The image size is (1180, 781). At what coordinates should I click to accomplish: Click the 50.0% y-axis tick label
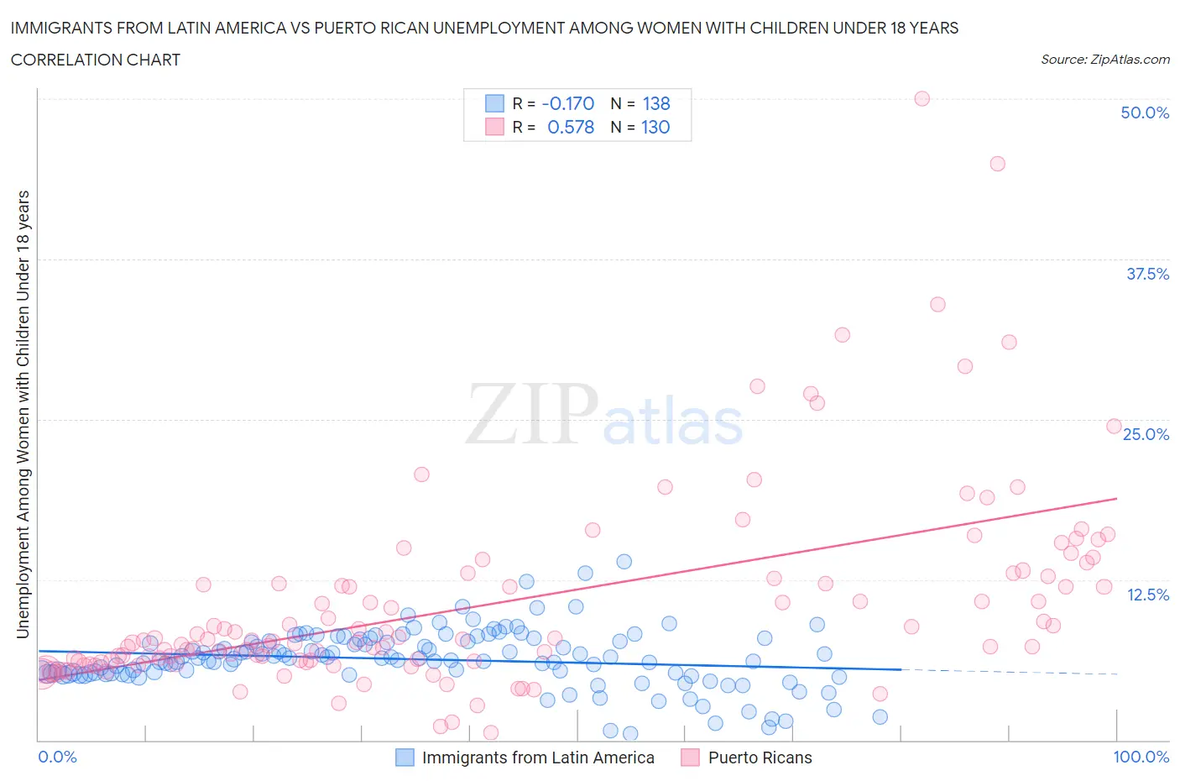1144,113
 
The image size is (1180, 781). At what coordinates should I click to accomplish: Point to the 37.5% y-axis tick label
1146,274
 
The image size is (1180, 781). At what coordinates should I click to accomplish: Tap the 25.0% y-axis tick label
1146,434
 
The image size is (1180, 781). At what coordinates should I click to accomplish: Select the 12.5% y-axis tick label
1146,595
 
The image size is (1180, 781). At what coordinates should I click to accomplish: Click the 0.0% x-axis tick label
57,757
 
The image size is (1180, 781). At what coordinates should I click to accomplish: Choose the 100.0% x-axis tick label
1141,757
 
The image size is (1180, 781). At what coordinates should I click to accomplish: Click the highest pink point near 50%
922,98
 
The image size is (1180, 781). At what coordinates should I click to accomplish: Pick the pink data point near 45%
997,164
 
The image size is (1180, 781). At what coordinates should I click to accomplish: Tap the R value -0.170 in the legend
568,103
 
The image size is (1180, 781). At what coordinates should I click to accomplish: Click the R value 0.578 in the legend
571,127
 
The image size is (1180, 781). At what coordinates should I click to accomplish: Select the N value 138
656,103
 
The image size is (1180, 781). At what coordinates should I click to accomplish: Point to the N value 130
655,127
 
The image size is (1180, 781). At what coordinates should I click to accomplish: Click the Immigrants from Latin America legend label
537,757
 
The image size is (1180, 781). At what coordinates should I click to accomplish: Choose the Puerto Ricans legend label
760,757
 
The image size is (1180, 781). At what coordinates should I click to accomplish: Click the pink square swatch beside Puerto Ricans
690,757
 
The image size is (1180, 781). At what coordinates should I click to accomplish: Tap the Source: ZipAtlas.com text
1104,59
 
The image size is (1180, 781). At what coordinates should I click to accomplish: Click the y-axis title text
23,414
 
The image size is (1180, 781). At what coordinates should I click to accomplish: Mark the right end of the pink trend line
1116,499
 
